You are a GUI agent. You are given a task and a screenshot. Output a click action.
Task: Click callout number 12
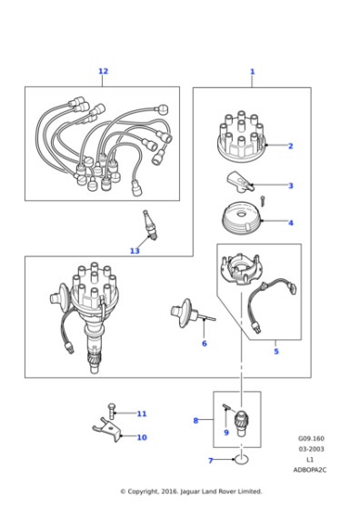tap(103, 71)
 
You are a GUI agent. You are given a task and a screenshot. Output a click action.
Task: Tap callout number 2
tap(290, 145)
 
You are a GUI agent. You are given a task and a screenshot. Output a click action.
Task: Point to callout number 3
tap(290, 185)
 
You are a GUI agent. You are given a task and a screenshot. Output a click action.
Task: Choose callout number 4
tap(290, 223)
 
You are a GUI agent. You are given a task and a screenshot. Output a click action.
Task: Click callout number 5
tap(276, 351)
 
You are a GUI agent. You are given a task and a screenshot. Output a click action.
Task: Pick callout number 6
tap(204, 344)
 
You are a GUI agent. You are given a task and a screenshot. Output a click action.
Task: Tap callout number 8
tap(195, 420)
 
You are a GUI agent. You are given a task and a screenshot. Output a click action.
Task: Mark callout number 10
tap(141, 437)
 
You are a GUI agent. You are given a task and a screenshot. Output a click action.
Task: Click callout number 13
tap(135, 251)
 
